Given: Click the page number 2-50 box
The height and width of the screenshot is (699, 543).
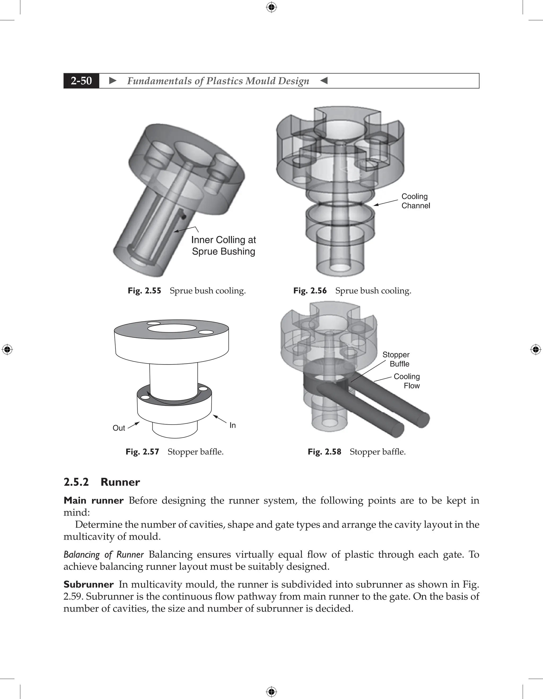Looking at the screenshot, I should click(81, 81).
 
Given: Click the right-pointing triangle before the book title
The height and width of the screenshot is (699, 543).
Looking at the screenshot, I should click(113, 81).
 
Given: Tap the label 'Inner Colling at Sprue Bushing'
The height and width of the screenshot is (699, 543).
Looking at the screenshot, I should click(223, 246).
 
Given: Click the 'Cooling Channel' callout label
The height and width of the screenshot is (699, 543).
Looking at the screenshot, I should click(415, 201).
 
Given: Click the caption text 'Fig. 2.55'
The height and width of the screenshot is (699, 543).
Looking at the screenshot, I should click(144, 291).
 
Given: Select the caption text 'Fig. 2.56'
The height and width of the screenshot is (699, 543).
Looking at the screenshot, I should click(310, 291).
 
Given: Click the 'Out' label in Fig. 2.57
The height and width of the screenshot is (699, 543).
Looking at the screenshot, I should click(119, 428).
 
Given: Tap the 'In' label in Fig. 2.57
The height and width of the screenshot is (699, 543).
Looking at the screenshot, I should click(232, 425).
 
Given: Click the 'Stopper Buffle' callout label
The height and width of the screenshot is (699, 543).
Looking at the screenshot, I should click(396, 359).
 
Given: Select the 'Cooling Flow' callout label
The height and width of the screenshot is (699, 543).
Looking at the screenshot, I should click(407, 381).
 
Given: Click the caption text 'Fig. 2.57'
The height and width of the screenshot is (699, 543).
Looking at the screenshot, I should click(142, 452).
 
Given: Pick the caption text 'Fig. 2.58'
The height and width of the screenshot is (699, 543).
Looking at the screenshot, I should click(324, 452).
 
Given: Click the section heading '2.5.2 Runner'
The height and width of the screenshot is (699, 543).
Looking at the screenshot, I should click(102, 482).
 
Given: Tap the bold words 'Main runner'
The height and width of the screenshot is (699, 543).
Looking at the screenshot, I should click(93, 500).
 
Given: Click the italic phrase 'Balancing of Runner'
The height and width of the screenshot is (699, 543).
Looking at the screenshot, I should click(104, 554).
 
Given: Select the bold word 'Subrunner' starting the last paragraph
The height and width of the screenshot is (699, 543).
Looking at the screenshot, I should click(88, 584).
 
